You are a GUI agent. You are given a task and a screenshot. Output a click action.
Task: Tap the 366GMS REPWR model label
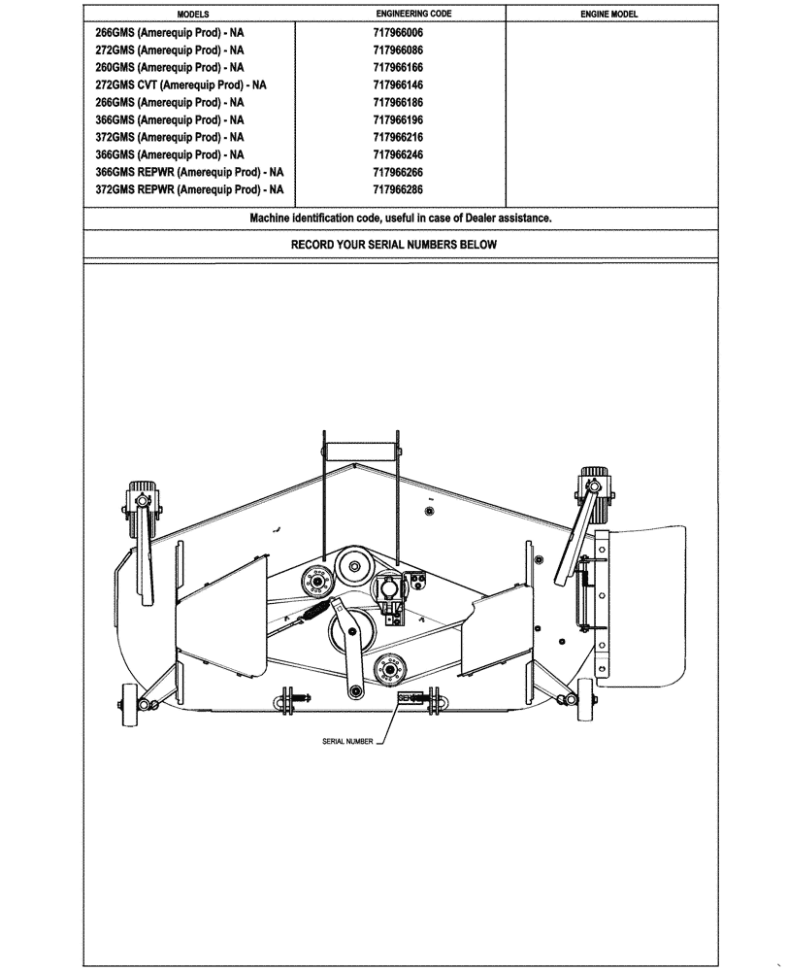(x=190, y=173)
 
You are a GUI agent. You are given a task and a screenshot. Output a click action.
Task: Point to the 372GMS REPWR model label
(x=190, y=190)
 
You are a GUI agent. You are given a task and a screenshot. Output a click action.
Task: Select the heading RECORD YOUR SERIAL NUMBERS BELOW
(x=394, y=245)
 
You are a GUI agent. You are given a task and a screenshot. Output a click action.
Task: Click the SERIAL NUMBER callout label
(x=347, y=741)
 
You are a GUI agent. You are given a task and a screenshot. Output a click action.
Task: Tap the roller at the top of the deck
(x=361, y=452)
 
